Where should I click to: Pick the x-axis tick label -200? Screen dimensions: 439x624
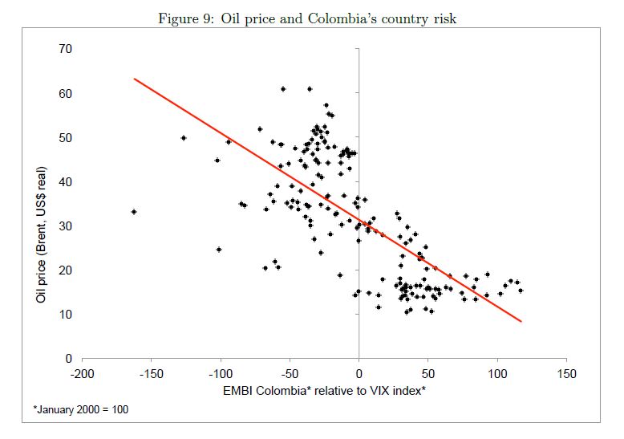(x=82, y=375)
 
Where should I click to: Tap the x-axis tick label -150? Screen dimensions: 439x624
(x=151, y=375)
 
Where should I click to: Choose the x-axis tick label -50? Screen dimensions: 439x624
(x=290, y=375)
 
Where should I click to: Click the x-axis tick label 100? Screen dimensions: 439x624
(x=497, y=375)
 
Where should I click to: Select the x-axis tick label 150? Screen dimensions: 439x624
(x=566, y=375)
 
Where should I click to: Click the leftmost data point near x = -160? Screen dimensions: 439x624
(x=134, y=212)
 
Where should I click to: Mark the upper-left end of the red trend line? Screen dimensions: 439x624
(x=134, y=79)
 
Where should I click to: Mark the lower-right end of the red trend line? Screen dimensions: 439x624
(x=521, y=321)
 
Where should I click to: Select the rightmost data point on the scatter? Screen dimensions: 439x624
(x=521, y=291)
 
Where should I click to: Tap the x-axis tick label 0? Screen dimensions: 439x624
(x=359, y=375)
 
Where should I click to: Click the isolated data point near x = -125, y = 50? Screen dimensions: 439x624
(x=184, y=138)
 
